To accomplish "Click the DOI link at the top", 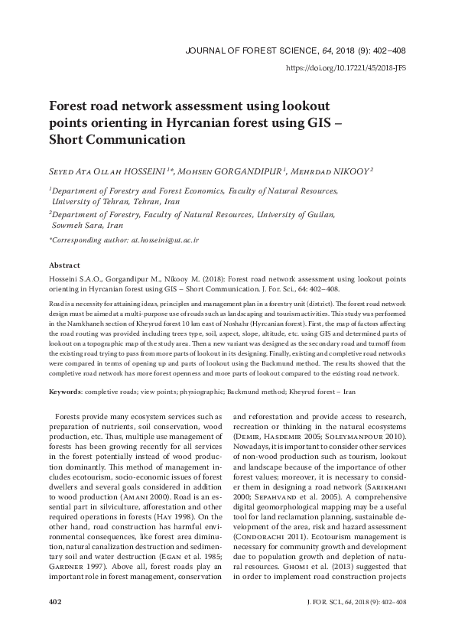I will [345, 69].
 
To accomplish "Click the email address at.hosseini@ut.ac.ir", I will [165, 240].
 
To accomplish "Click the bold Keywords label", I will [65, 391].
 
